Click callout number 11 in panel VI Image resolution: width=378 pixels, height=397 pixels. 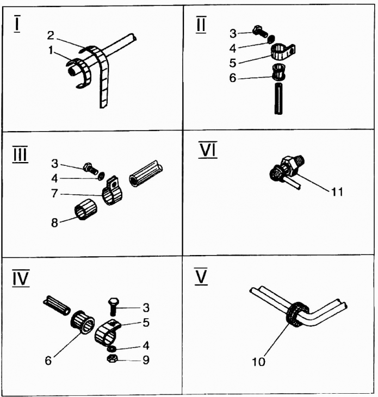[336, 192]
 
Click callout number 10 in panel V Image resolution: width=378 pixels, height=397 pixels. [259, 361]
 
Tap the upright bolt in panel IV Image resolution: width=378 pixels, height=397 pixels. [113, 307]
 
